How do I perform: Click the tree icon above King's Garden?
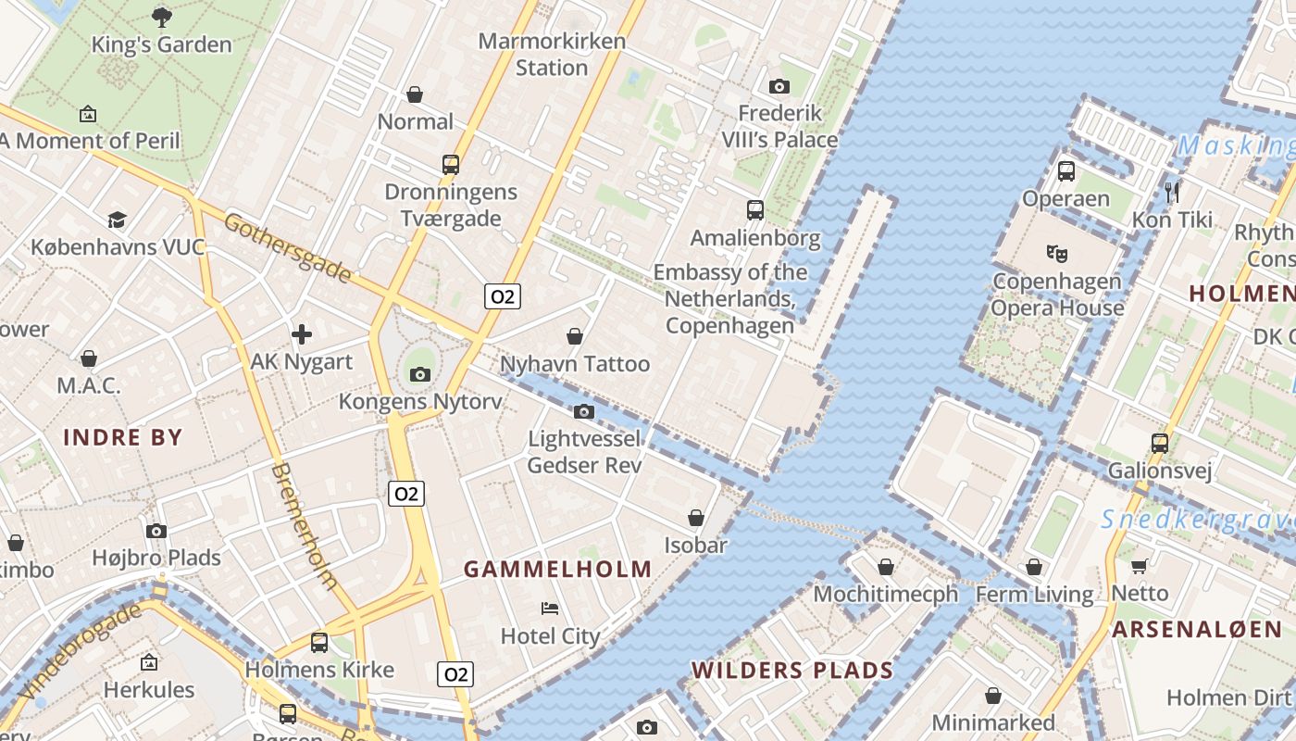coord(162,16)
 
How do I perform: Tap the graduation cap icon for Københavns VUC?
coord(117,220)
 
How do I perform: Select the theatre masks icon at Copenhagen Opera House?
coord(1055,252)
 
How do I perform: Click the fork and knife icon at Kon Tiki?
coord(1172,192)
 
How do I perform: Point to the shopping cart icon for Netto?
coord(1140,565)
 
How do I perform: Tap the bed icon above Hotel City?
coord(550,609)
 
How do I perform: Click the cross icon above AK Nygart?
coord(302,334)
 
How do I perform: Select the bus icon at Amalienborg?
coord(755,210)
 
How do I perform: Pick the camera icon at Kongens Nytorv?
coord(420,374)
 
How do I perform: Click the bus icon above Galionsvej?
coord(1160,444)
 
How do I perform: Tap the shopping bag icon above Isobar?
coord(696,518)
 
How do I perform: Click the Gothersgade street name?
coord(287,247)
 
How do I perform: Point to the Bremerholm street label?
coord(304,525)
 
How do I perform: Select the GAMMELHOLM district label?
coord(557,570)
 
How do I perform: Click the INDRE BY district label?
coord(123,437)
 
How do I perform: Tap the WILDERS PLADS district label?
coord(792,670)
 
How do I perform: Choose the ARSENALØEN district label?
coord(1197,629)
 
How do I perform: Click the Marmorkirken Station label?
coord(552,55)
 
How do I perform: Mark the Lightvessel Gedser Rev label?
coord(584,451)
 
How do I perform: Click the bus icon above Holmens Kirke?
coord(319,642)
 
